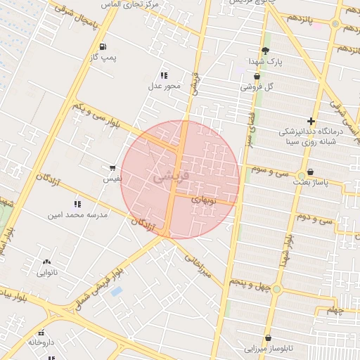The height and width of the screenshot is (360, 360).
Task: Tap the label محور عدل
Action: pos(164,86)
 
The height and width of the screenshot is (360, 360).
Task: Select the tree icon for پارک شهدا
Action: pos(265,51)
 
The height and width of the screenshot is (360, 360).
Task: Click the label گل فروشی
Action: pos(257,87)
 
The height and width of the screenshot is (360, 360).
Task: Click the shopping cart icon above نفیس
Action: pos(112,169)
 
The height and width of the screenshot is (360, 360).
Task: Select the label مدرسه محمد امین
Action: pos(78,214)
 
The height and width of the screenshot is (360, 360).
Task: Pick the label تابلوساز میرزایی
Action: pos(272,348)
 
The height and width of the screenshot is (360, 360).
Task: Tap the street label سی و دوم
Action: pos(314,219)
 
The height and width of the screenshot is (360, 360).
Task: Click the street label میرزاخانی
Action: pos(198,267)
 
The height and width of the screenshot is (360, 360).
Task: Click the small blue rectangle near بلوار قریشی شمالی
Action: pos(117,291)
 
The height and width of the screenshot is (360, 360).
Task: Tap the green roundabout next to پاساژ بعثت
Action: pos(302,174)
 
